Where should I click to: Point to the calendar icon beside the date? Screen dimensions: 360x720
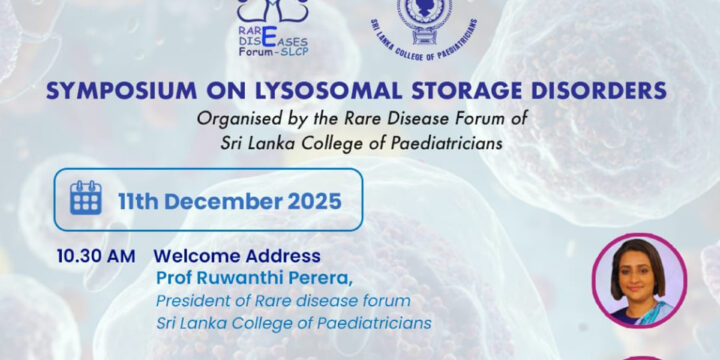click(x=85, y=199)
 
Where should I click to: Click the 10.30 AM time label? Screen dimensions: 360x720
click(x=95, y=256)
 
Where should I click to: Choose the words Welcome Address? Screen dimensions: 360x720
click(x=237, y=256)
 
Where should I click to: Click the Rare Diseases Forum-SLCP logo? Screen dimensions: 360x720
click(x=271, y=24)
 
